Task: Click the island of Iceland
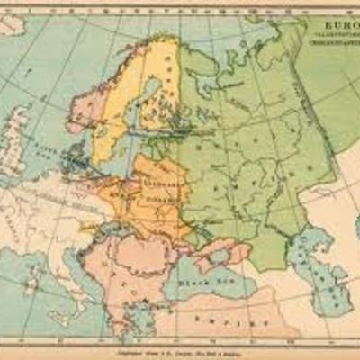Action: pos(11,27)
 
